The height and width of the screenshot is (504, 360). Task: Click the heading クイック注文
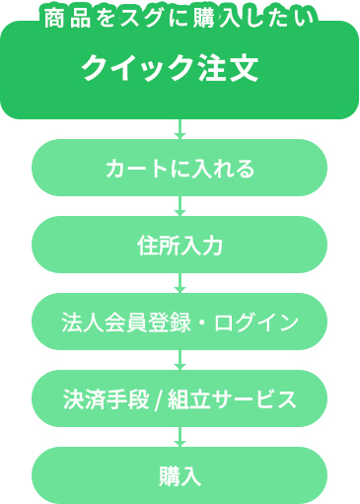pyautogui.click(x=170, y=69)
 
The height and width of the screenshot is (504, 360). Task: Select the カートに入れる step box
pyautogui.click(x=180, y=168)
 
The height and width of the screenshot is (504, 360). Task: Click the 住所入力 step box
pyautogui.click(x=180, y=245)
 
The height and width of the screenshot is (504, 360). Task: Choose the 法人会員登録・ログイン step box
pyautogui.click(x=180, y=322)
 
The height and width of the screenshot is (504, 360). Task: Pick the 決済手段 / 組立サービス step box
pyautogui.click(x=180, y=398)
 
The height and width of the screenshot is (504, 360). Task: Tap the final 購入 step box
pyautogui.click(x=180, y=475)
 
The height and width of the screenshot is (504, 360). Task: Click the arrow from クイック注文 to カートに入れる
pyautogui.click(x=180, y=129)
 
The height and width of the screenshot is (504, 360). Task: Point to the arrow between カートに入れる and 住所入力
pyautogui.click(x=180, y=206)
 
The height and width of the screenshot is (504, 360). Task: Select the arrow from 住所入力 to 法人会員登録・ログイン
pyautogui.click(x=180, y=283)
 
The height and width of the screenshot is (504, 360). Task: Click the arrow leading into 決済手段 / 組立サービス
pyautogui.click(x=180, y=360)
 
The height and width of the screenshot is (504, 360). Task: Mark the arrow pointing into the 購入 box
pyautogui.click(x=180, y=437)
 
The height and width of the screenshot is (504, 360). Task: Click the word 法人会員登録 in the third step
pyautogui.click(x=119, y=323)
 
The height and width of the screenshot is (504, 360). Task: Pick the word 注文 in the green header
pyautogui.click(x=231, y=69)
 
